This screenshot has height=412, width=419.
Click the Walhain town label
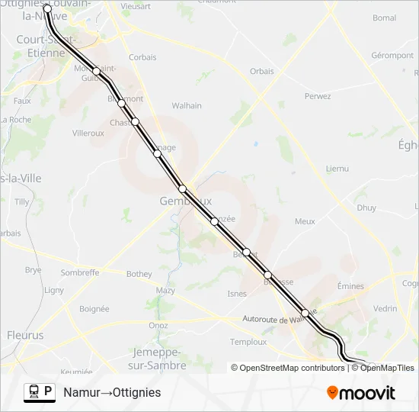pos(187,106)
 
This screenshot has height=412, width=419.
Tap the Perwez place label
pos(318,96)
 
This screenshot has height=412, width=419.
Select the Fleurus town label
pos(25,335)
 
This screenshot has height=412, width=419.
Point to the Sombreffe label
pos(80,272)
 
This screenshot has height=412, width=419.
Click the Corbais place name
pos(142,57)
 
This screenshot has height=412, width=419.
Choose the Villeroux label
pos(88,133)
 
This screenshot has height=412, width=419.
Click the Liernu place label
pos(337,168)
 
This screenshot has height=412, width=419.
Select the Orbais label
pos(261,72)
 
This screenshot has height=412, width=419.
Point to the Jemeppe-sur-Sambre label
pos(159,359)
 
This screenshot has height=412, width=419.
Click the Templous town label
pos(248,342)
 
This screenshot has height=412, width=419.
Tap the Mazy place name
pos(165,291)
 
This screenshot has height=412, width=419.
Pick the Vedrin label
pos(385,308)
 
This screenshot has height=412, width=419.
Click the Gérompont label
pos(392,56)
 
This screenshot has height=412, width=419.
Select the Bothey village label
pos(139,275)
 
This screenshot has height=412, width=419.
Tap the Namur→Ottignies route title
pos(112,392)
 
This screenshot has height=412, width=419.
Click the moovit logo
pos(361,393)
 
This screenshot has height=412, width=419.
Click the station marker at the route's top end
pos(47,8)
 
